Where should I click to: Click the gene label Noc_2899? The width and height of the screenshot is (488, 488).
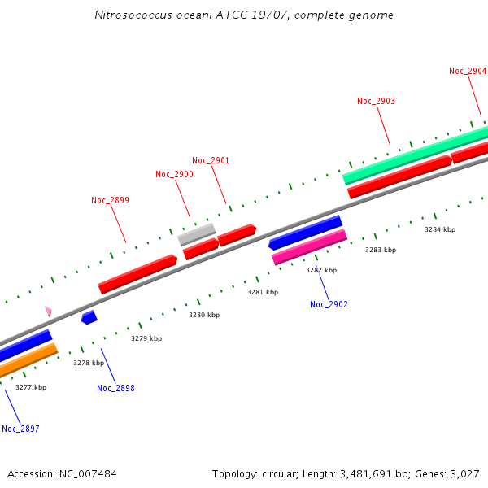[110, 200]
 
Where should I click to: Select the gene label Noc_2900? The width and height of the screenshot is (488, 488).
[174, 174]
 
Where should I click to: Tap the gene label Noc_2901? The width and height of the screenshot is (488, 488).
[211, 160]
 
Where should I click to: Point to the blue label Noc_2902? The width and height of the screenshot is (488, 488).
[329, 304]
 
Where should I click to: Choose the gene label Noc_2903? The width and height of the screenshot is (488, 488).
[376, 101]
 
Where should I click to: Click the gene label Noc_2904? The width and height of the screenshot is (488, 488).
[468, 71]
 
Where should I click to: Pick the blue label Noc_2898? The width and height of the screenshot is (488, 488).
[115, 388]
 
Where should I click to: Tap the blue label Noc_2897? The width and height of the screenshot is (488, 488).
[20, 429]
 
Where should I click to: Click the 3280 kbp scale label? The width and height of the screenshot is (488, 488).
[204, 315]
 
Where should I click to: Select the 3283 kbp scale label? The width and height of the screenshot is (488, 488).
[381, 250]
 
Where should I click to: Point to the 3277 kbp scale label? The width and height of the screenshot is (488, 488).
[31, 387]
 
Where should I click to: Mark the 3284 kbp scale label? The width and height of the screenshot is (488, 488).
[440, 229]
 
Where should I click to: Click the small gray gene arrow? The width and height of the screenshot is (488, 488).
[197, 234]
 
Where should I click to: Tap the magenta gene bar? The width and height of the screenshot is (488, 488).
[309, 247]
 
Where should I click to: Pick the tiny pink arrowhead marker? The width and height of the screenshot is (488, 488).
[48, 311]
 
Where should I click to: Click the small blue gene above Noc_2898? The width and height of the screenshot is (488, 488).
[89, 316]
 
